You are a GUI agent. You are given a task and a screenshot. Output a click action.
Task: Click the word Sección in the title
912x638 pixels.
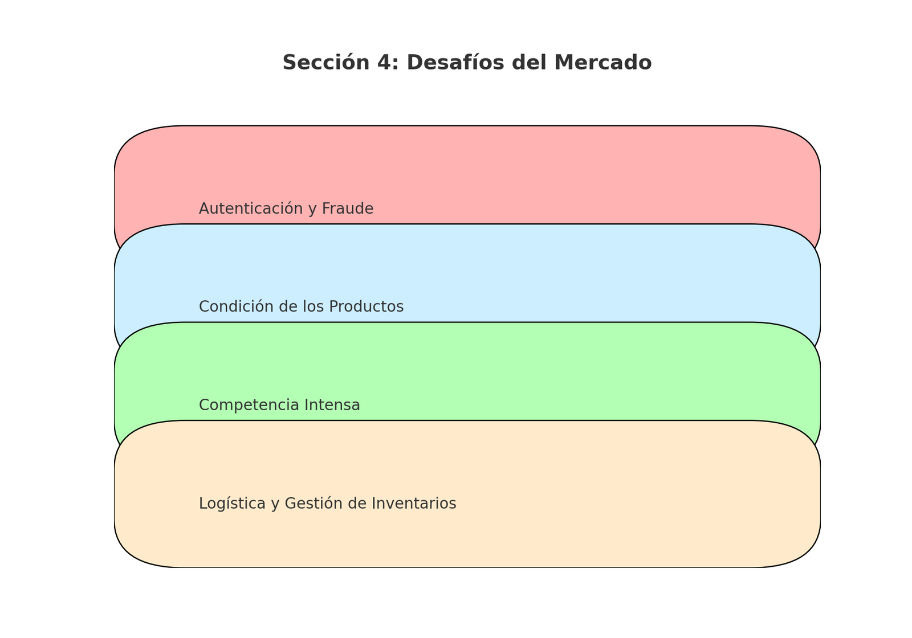tap(326, 63)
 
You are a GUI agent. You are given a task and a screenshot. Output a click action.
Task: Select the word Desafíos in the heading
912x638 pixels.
tap(455, 63)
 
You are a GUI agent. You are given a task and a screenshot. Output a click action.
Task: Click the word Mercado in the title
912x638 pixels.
tap(603, 63)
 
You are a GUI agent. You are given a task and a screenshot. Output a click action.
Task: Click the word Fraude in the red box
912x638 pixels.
tap(348, 208)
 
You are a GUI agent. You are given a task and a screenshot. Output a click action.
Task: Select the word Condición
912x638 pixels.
tap(237, 306)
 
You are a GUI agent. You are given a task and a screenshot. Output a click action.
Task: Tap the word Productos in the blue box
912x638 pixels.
tap(367, 306)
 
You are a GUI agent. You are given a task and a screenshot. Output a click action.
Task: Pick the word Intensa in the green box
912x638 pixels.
tap(332, 405)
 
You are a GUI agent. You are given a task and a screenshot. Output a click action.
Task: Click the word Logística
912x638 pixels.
tap(233, 504)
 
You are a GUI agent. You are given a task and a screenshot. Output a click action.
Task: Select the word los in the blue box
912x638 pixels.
tap(314, 306)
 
